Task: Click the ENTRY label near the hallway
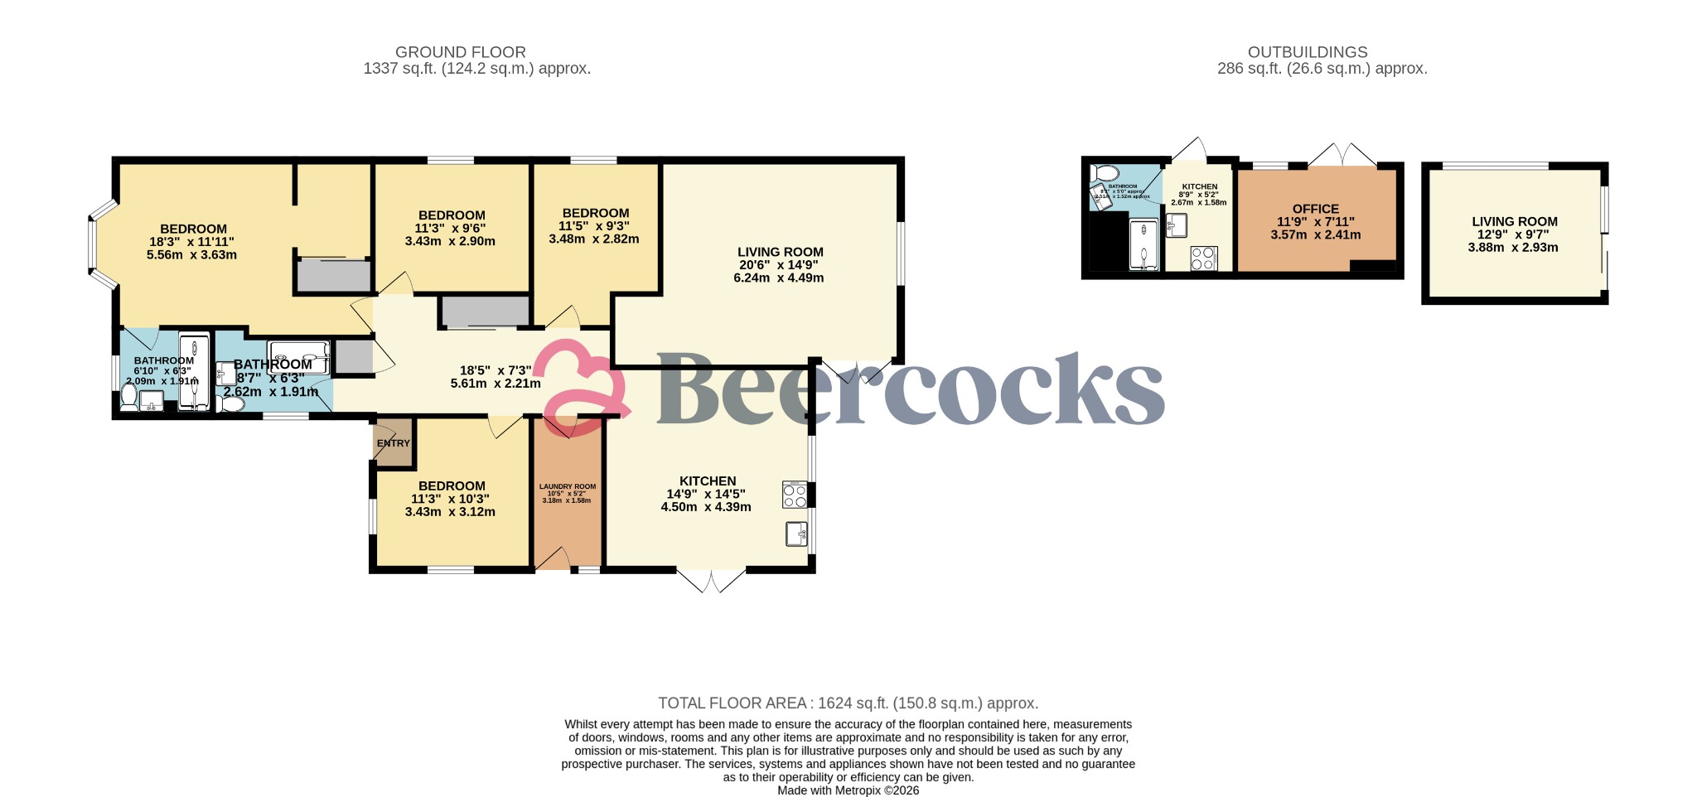tap(393, 443)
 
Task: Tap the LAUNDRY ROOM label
tap(567, 487)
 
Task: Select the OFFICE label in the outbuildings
tap(1315, 209)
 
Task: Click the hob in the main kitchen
tap(794, 495)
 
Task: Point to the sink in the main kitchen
tap(796, 534)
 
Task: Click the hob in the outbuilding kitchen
tap(1202, 258)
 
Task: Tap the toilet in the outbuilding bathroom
tap(1105, 173)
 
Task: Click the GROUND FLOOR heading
tap(460, 52)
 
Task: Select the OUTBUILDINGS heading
tap(1308, 52)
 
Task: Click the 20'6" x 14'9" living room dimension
tap(779, 265)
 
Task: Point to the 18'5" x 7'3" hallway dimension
tap(496, 371)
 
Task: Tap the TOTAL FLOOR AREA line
tap(848, 703)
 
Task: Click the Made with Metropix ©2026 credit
tap(848, 790)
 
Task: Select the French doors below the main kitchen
tap(711, 580)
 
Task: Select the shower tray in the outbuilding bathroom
tap(1143, 244)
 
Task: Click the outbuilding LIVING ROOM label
tap(1514, 221)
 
